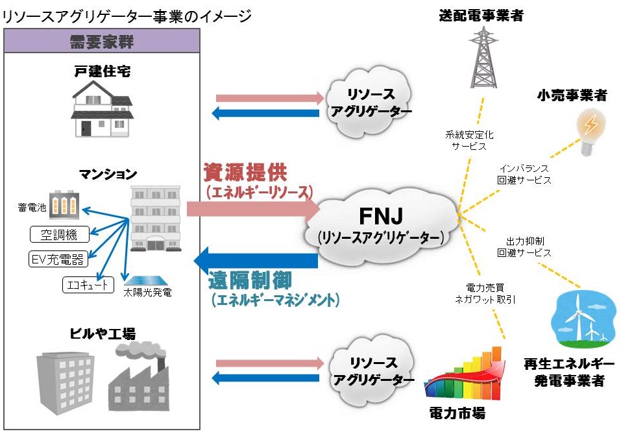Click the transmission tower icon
(483, 57)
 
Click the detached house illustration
(102, 109)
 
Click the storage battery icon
(64, 206)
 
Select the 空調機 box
(60, 234)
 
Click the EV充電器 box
(58, 260)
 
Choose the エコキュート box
(88, 285)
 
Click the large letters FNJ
(381, 216)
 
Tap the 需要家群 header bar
(102, 41)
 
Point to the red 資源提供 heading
(245, 172)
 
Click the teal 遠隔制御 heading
(250, 280)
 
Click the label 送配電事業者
(481, 16)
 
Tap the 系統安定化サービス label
(469, 141)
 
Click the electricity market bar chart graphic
(464, 373)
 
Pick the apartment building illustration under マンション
(156, 219)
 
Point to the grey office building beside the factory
(66, 383)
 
